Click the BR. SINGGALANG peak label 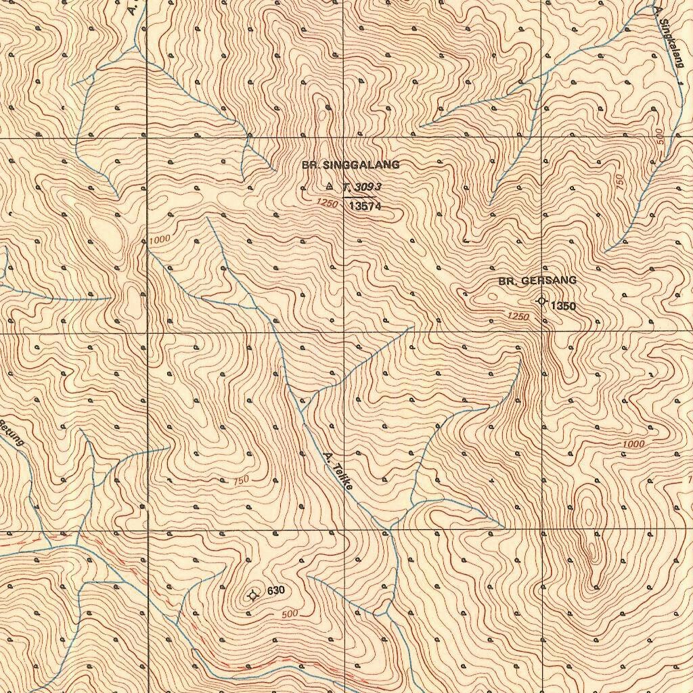point(351,165)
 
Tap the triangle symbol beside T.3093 point(330,185)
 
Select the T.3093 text point(363,187)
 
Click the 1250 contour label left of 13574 point(326,203)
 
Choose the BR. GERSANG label point(537,281)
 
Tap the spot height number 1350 point(563,307)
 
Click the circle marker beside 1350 point(541,301)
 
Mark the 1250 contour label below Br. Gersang point(518,317)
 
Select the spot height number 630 point(276,591)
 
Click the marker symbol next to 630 point(254,596)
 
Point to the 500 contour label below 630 point(290,614)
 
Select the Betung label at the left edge point(12,433)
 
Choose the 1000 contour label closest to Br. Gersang point(634,444)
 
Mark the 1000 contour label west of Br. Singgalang point(160,240)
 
